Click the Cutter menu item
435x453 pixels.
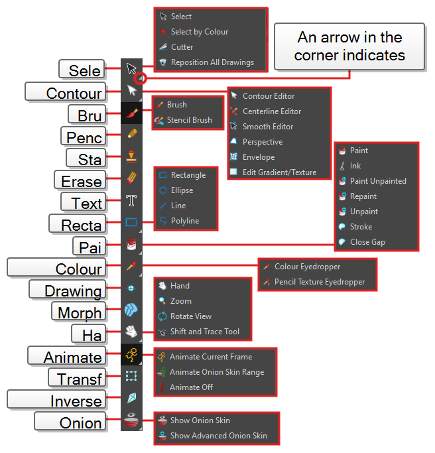(182, 47)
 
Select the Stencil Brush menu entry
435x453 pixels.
(189, 120)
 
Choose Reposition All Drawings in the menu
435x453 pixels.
(212, 62)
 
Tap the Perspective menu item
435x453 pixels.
(262, 142)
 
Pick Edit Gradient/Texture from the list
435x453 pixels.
(279, 172)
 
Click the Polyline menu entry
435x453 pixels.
(184, 221)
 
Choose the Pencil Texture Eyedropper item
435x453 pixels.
(319, 282)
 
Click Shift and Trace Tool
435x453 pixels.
(204, 332)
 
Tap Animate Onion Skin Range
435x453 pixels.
(216, 372)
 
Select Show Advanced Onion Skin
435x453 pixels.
(218, 436)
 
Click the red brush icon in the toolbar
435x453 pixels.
(131, 113)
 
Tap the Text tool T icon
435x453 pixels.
(131, 200)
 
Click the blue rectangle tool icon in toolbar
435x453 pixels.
(131, 222)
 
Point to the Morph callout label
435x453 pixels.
(80, 312)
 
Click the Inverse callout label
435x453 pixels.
(76, 401)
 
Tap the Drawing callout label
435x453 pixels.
(73, 291)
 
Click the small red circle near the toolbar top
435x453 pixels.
(140, 78)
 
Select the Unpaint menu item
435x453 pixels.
(363, 212)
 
